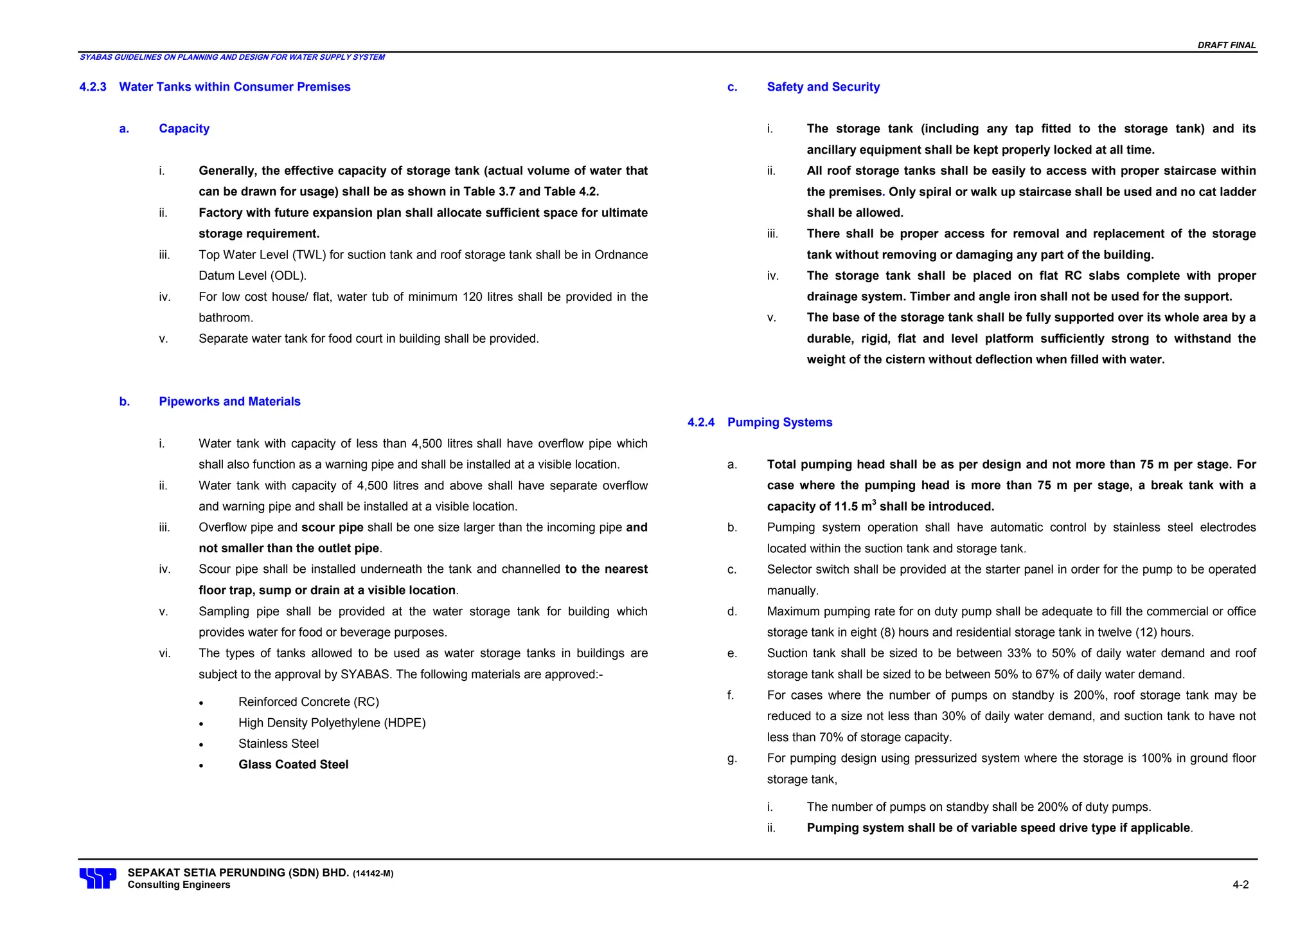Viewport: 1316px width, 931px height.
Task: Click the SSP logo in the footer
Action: [x=98, y=878]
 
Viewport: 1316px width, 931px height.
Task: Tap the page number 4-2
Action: [x=1240, y=885]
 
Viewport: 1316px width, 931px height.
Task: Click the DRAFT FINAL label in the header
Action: [x=1226, y=45]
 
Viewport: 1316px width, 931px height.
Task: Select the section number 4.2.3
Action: [x=93, y=87]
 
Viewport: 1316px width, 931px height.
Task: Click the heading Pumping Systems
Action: [x=779, y=422]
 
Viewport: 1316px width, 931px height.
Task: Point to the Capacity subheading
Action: [x=184, y=129]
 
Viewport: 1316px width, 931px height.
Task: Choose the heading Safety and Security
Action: [x=822, y=87]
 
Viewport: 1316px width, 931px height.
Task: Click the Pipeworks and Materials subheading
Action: [x=229, y=401]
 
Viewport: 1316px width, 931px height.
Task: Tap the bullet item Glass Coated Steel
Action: [x=293, y=764]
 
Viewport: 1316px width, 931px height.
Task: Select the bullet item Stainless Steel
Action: [x=278, y=744]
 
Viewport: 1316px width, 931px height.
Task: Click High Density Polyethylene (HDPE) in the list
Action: [x=332, y=723]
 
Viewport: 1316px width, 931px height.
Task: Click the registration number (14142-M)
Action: [x=373, y=874]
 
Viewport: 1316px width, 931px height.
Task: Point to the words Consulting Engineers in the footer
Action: [x=179, y=885]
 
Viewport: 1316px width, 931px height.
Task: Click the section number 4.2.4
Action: [x=701, y=422]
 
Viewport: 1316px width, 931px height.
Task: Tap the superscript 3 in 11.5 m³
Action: [x=874, y=502]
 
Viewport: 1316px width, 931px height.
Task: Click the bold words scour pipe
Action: [x=332, y=527]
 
